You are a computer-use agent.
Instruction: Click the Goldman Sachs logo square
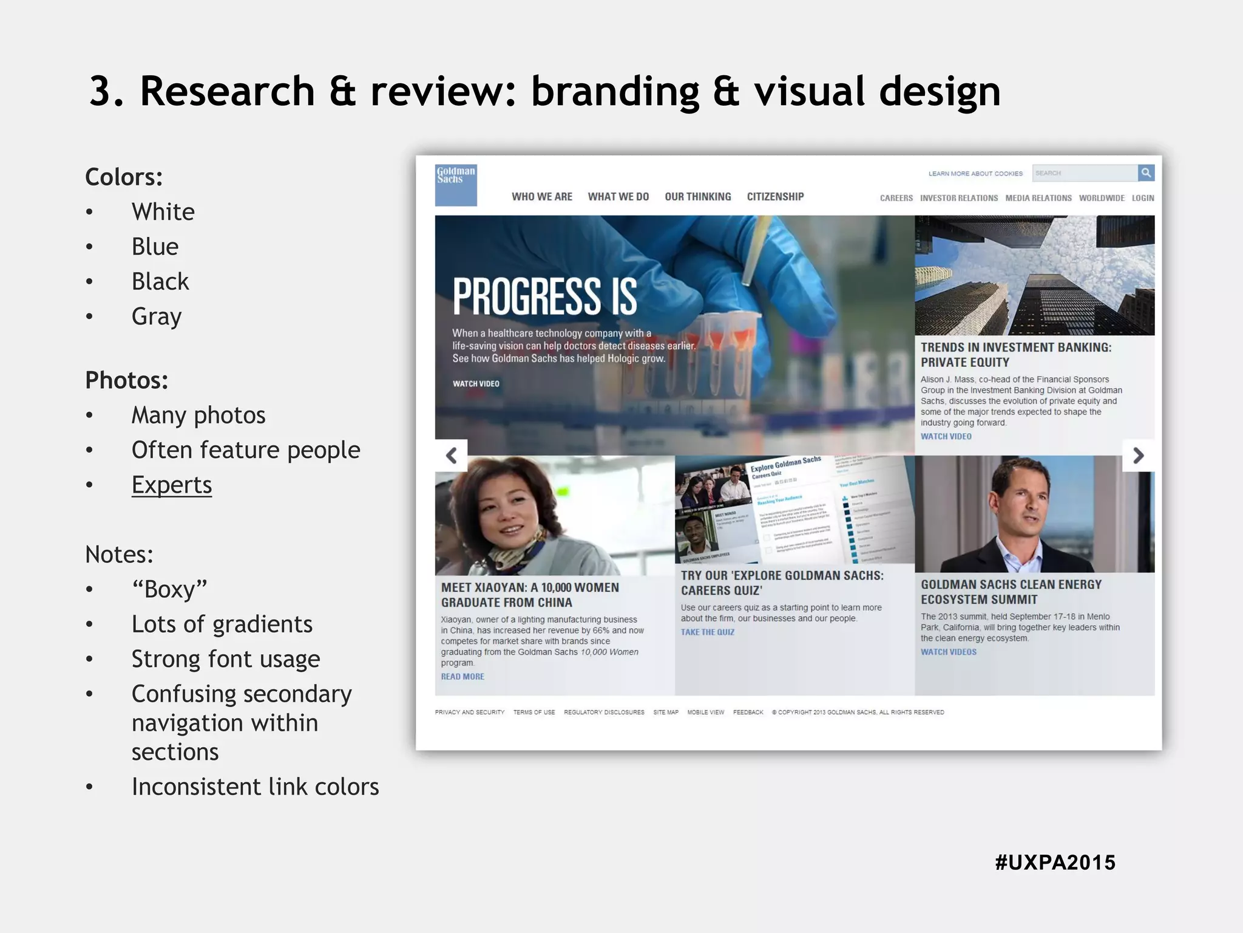(x=456, y=185)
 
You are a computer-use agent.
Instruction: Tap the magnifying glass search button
(x=1146, y=173)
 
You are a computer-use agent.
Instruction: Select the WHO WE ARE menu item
(x=541, y=197)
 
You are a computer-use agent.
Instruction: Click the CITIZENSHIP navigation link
(x=775, y=197)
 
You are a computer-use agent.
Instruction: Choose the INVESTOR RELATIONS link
(x=958, y=198)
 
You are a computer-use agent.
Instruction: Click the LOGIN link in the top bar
(x=1142, y=198)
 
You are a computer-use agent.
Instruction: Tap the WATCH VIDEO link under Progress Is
(x=476, y=384)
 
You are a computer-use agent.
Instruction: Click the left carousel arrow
(x=451, y=456)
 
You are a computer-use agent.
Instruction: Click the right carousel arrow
(x=1138, y=456)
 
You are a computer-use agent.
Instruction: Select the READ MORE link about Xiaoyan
(x=462, y=677)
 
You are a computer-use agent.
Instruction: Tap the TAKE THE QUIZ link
(x=707, y=632)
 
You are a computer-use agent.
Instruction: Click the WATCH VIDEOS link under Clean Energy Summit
(x=948, y=652)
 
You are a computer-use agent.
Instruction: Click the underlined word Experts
(x=172, y=485)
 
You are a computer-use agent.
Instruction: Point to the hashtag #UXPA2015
(x=1055, y=863)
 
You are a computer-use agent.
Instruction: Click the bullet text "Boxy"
(x=169, y=589)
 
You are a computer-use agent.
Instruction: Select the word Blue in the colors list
(x=155, y=247)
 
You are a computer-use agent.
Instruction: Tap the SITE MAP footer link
(x=665, y=713)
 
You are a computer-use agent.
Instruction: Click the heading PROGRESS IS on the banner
(x=544, y=297)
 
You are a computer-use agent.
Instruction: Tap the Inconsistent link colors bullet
(x=255, y=787)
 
